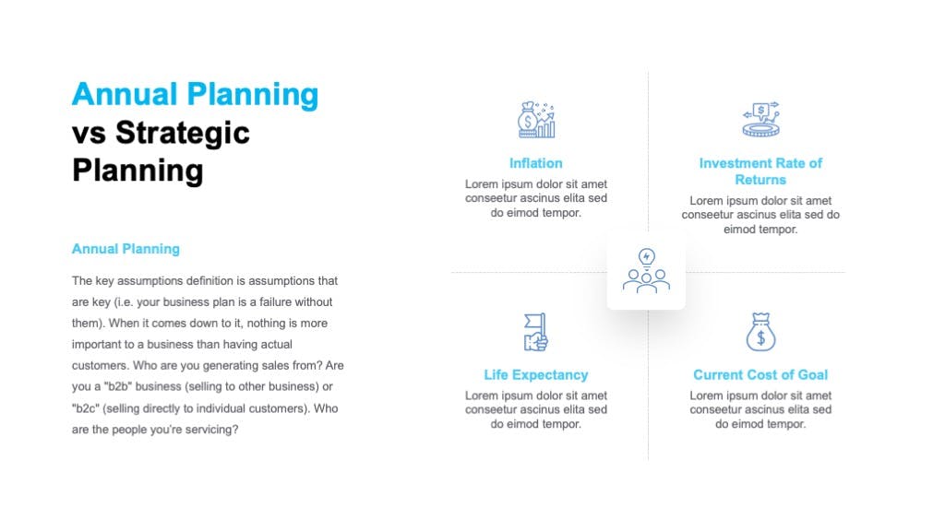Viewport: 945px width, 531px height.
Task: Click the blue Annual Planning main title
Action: click(x=196, y=95)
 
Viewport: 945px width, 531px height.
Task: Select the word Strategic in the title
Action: click(x=183, y=133)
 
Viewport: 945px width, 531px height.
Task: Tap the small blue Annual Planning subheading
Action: click(x=126, y=249)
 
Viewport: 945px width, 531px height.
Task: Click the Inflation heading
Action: click(x=536, y=163)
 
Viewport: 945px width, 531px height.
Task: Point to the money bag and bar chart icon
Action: click(x=536, y=120)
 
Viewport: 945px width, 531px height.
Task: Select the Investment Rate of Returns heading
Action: click(x=760, y=171)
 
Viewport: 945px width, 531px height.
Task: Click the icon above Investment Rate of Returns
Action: click(x=760, y=119)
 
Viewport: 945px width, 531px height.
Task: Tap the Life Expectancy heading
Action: click(x=536, y=374)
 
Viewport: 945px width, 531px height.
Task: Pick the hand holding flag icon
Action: click(x=536, y=332)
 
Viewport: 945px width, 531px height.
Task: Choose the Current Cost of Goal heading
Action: click(x=760, y=374)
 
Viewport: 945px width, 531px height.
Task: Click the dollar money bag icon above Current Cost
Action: click(x=760, y=332)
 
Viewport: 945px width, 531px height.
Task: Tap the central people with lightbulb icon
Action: click(x=646, y=271)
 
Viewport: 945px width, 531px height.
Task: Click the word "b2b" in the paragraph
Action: click(x=118, y=386)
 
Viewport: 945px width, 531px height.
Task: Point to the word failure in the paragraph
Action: click(x=276, y=301)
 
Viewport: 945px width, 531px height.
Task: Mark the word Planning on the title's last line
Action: click(x=138, y=171)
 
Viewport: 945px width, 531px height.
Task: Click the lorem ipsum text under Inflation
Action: click(x=536, y=198)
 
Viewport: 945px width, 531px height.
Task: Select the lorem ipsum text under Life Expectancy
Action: click(x=536, y=409)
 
